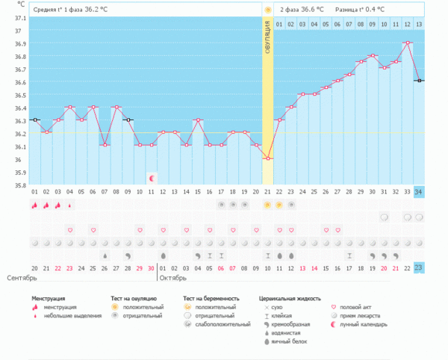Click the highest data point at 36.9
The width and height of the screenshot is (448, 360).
pos(408,43)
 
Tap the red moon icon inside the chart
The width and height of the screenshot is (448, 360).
pos(152,179)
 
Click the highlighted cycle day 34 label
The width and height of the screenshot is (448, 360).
pos(419,191)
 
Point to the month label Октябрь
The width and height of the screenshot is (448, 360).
pos(173,278)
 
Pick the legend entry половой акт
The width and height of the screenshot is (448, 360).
pos(358,307)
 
